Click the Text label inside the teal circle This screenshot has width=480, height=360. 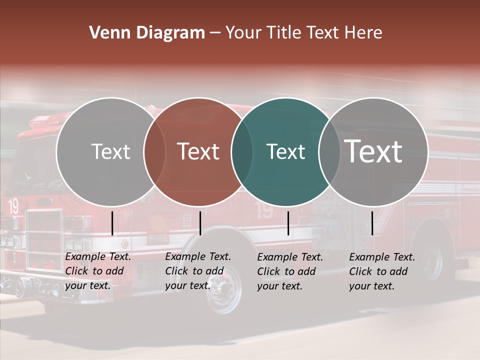pos(285,152)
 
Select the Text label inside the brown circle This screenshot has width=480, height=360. pos(198,151)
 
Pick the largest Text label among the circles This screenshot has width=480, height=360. pos(373,151)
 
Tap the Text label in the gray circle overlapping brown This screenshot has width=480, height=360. pos(110,152)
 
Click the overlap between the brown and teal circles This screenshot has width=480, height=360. pos(241,152)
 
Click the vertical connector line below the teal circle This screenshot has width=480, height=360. pos(288,223)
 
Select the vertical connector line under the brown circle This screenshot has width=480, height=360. pos(200,223)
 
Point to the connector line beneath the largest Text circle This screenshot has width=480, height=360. pos(372,223)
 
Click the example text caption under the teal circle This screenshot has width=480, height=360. pos(289,271)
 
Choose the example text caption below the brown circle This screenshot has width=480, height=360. pos(197,271)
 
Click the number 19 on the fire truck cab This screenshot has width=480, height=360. pos(13,205)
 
